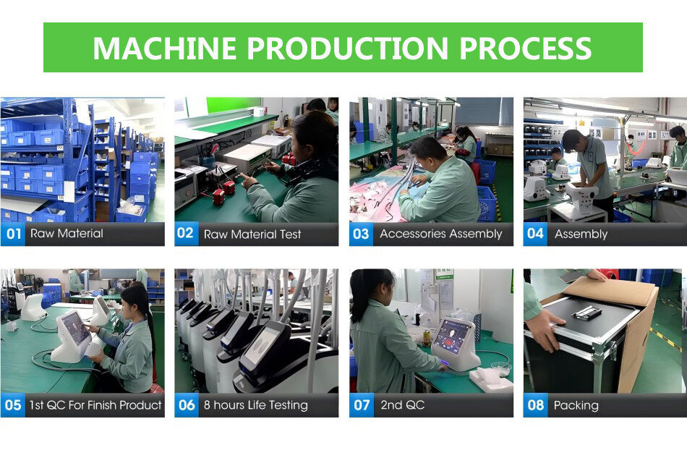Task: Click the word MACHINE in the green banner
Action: coord(165,48)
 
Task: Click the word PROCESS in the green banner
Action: coord(525,48)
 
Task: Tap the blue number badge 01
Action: coord(13,234)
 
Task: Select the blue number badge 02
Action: coord(186,234)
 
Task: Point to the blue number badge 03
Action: coord(361,234)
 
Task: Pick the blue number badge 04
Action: coord(535,234)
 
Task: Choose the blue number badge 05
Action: coord(13,405)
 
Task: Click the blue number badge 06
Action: coord(187,405)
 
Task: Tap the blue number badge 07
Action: coord(361,405)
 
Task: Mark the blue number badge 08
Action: coord(535,405)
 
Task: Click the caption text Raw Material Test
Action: coord(252,234)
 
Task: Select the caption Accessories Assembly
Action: coord(441,234)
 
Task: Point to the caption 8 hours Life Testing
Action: coord(256,405)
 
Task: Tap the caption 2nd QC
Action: coord(402,405)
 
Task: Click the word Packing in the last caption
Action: coord(576,406)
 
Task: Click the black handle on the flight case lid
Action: coord(586,312)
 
